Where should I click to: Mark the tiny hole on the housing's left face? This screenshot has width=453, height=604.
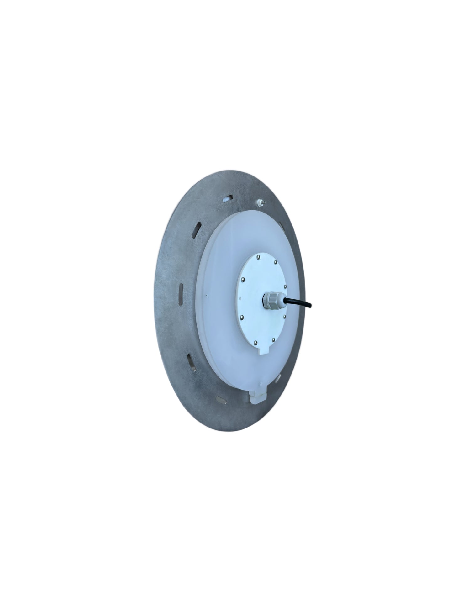click(207, 295)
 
